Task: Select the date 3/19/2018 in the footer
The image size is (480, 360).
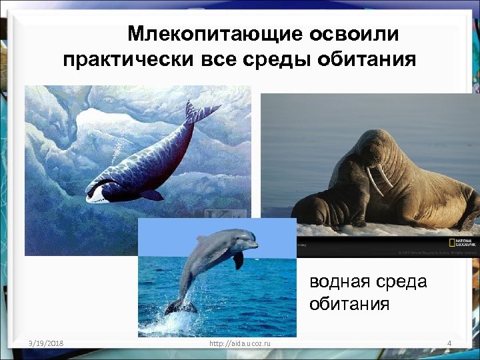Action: (x=41, y=343)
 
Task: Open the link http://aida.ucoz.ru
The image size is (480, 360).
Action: (x=240, y=343)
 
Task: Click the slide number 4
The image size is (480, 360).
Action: (x=449, y=343)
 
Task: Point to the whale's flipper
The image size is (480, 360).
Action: (x=151, y=195)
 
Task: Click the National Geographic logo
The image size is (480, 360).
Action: (x=463, y=242)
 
